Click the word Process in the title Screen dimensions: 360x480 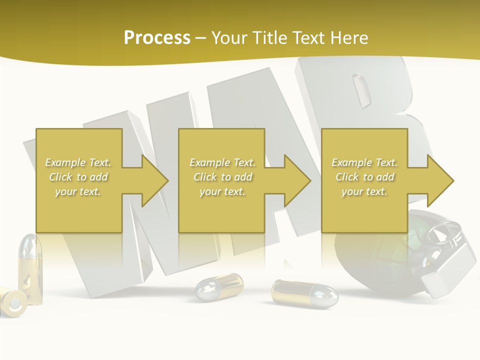[x=157, y=37]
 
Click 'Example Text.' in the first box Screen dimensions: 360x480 [x=78, y=162]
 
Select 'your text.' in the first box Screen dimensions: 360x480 [x=78, y=191]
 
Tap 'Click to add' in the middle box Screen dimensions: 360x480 [x=222, y=177]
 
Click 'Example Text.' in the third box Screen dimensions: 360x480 [x=364, y=162]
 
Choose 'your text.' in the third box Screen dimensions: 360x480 [x=364, y=191]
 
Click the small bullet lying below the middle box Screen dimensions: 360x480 [x=218, y=286]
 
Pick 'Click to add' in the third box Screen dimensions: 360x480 [x=364, y=177]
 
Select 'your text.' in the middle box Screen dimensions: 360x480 [x=222, y=191]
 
